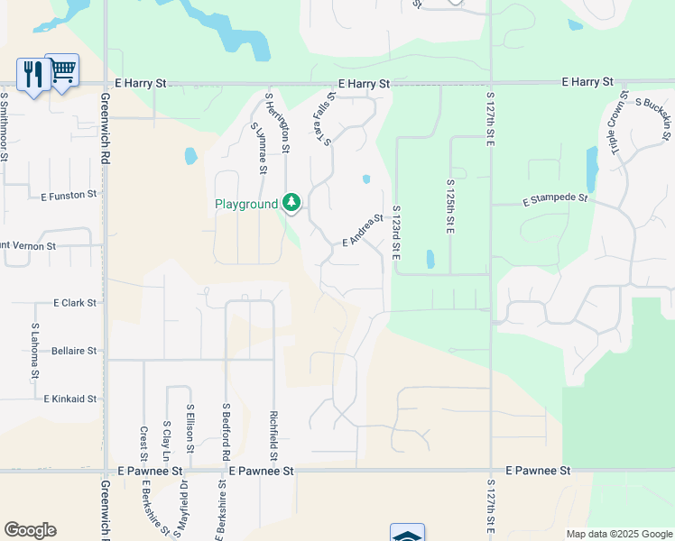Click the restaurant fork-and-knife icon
pos(33,74)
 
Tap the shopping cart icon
pos(62,69)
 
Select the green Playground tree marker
pos(291,202)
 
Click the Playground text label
pos(245,204)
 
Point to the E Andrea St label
pos(363,229)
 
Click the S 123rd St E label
pos(395,234)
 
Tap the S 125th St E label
pos(449,206)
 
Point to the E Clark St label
pos(75,303)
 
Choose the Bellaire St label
pos(74,350)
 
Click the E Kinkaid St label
pos(70,398)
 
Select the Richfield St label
pos(273,432)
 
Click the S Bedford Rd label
pos(226,434)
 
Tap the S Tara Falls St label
pos(324,122)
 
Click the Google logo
pos(30,530)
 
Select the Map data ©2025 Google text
pos(618,534)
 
